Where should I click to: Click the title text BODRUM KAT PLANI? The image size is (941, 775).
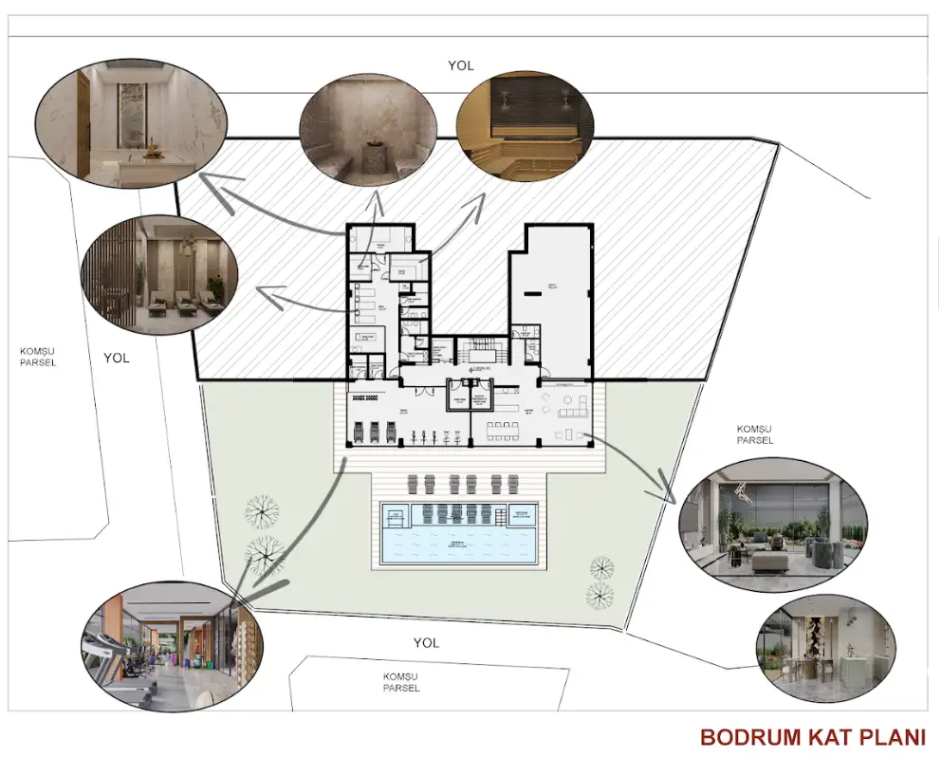(812, 737)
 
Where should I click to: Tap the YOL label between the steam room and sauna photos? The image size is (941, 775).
(461, 66)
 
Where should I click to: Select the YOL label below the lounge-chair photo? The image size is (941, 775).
(117, 358)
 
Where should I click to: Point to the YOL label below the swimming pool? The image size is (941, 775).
(426, 642)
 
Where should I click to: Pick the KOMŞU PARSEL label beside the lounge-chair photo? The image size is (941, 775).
(38, 357)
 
